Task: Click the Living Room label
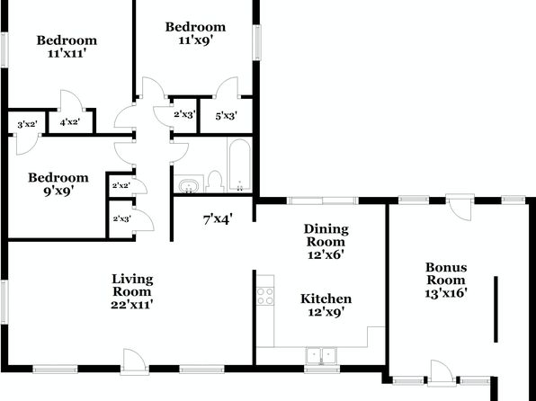click(132, 285)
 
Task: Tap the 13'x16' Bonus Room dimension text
click(446, 293)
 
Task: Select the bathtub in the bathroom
click(239, 165)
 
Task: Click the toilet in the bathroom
click(215, 182)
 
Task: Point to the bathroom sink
click(189, 186)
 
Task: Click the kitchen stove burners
click(265, 296)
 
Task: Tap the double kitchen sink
click(321, 356)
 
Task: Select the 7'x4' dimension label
click(218, 219)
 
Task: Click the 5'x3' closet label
click(227, 116)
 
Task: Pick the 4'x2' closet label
click(70, 121)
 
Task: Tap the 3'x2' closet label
click(27, 124)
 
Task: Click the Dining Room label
click(326, 236)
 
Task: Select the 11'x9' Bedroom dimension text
click(196, 40)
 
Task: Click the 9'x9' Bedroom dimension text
click(58, 191)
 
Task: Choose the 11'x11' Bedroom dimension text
click(66, 54)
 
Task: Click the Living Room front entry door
click(134, 361)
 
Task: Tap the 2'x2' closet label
click(121, 185)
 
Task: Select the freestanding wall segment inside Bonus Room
click(496, 309)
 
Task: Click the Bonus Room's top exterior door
click(460, 207)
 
